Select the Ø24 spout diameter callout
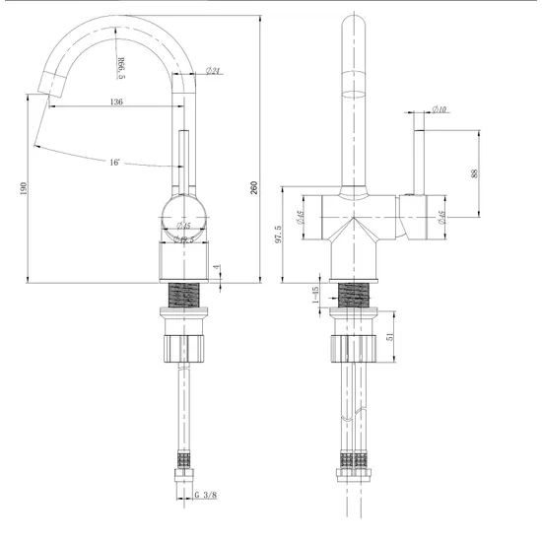pos(213,70)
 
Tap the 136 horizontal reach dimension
pos(116,102)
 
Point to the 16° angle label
pos(115,162)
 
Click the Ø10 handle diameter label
pos(440,109)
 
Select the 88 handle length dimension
pos(475,173)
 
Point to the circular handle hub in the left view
pos(183,216)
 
